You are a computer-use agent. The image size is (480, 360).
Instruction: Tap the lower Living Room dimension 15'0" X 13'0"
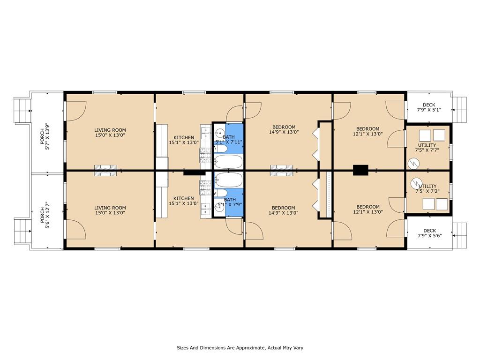click(110, 213)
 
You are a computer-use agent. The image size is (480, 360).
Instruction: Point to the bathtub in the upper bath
click(229, 162)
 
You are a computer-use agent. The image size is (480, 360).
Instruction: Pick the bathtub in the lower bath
click(229, 180)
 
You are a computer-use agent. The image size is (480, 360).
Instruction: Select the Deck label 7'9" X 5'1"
click(429, 107)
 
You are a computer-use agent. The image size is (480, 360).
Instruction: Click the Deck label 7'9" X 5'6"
click(429, 233)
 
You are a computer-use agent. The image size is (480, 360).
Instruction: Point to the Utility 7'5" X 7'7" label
click(427, 148)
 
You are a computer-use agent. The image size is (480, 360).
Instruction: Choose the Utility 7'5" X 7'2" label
click(427, 188)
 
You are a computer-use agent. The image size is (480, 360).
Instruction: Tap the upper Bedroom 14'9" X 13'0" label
click(284, 129)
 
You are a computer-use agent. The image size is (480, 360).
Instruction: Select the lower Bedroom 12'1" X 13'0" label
click(368, 209)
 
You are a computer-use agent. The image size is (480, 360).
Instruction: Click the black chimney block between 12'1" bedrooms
click(360, 170)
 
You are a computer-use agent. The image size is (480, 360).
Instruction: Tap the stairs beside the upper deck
click(460, 109)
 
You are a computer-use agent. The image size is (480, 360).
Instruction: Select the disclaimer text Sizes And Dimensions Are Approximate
click(240, 348)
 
